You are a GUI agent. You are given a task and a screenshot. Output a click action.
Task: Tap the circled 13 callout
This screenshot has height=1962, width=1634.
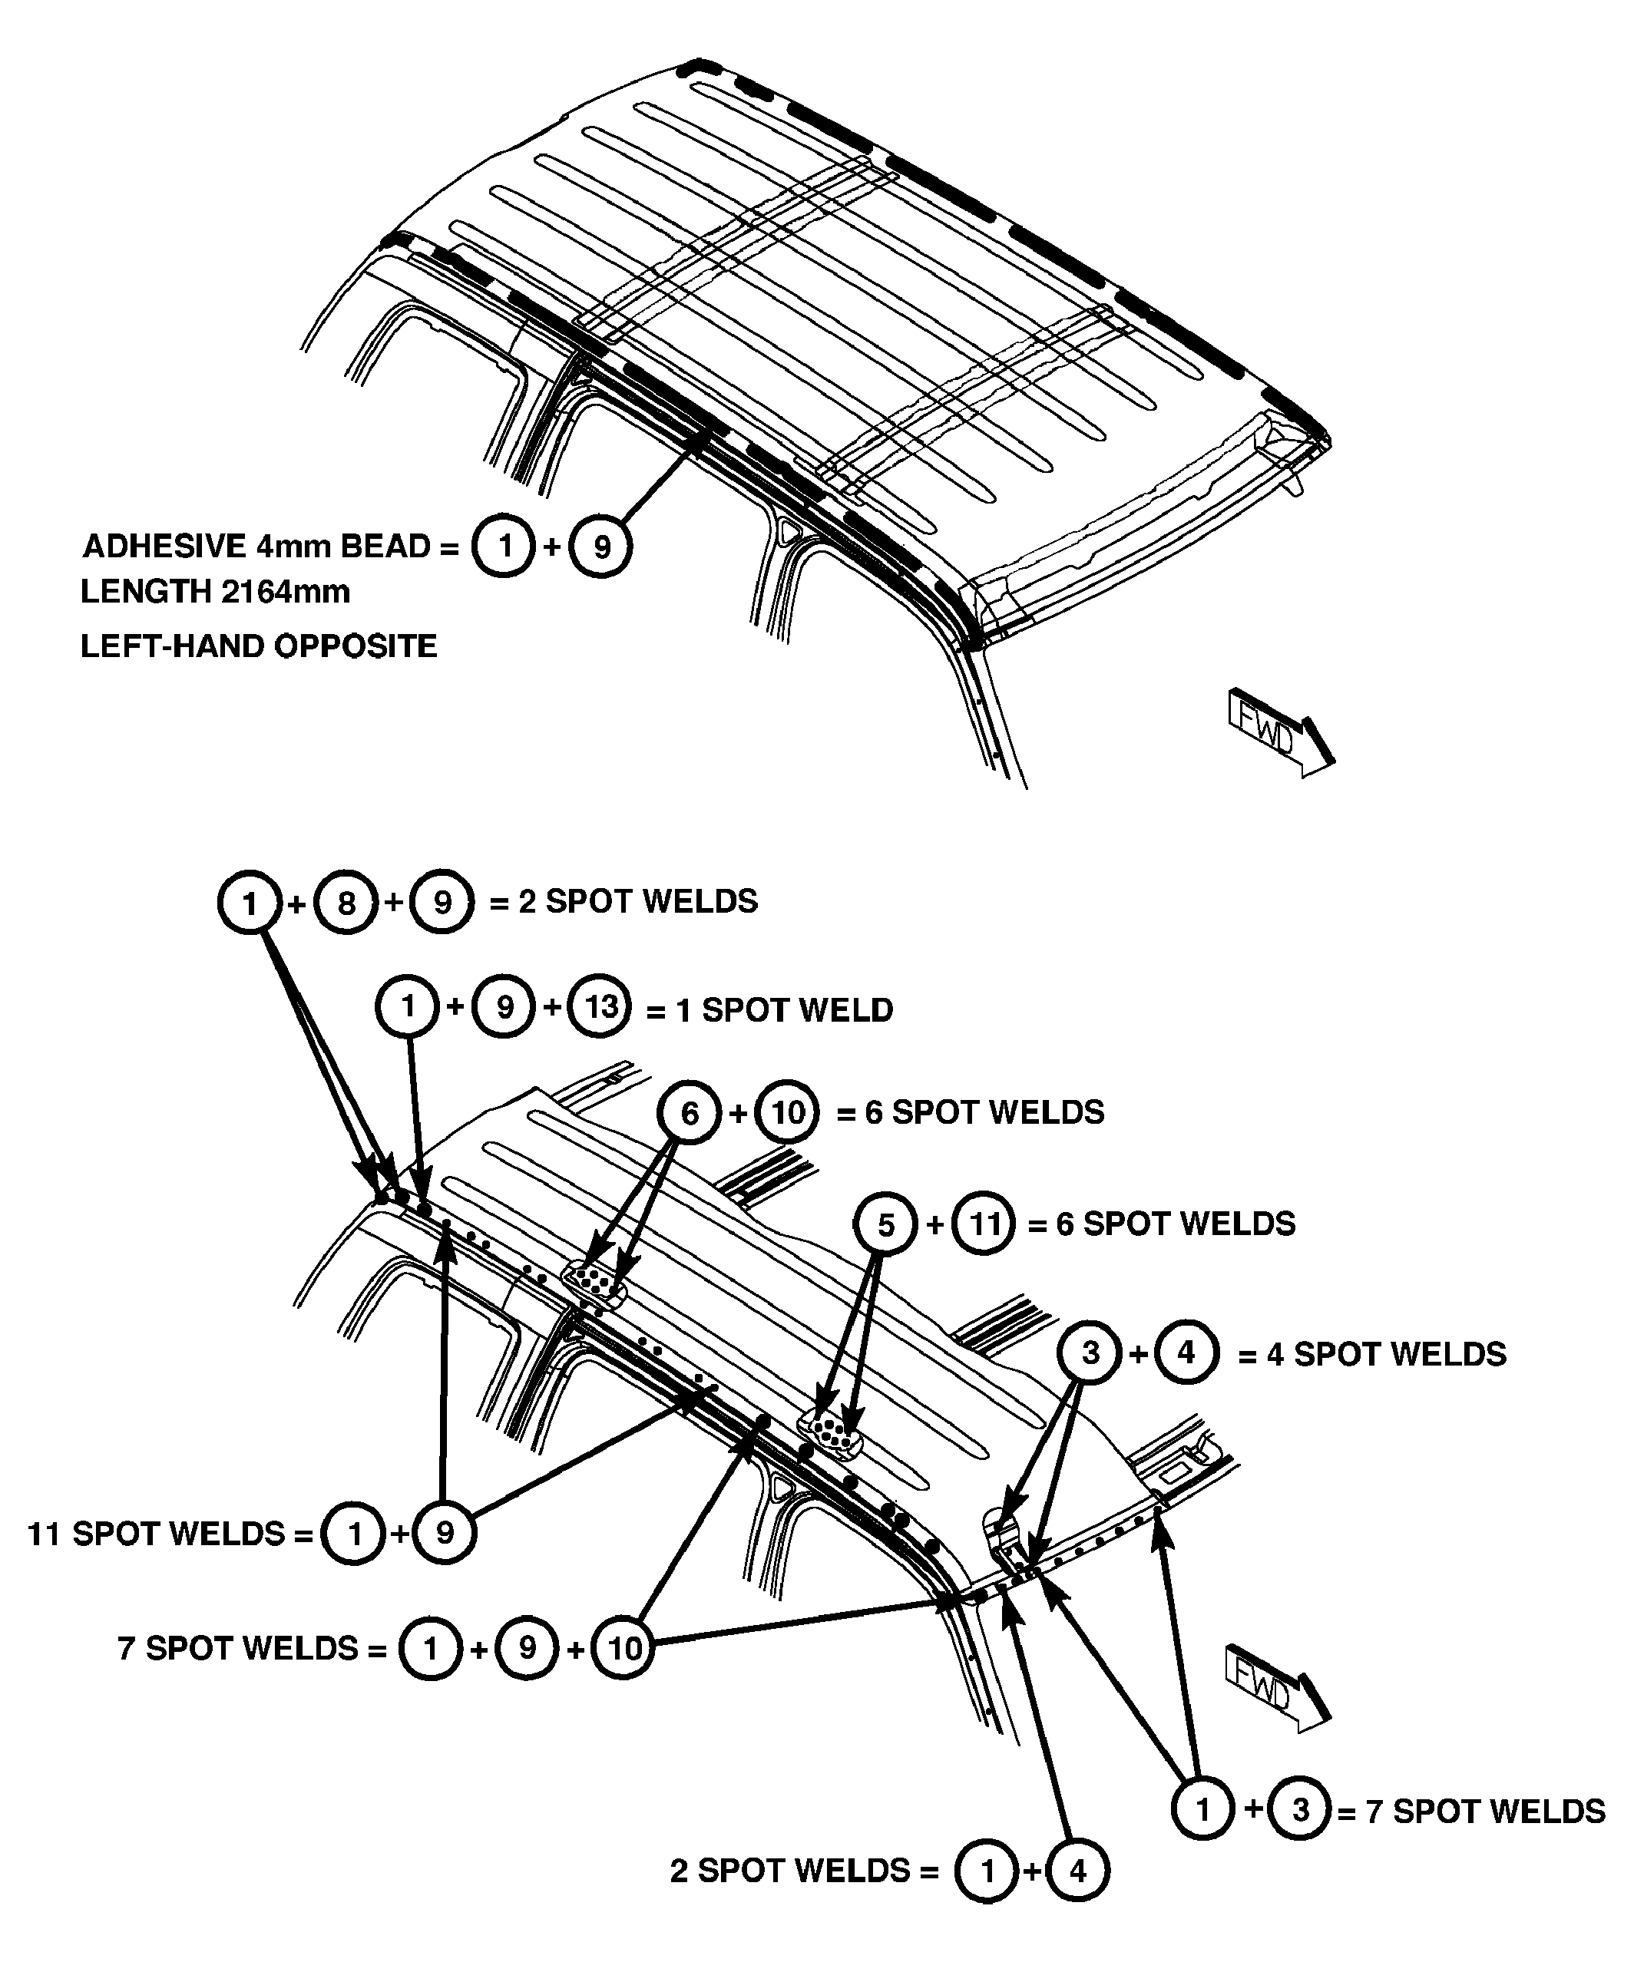pos(601,1006)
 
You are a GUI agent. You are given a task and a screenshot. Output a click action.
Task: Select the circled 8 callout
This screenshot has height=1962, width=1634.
pos(346,903)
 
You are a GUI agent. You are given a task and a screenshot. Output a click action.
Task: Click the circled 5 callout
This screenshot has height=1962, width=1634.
pos(886,1224)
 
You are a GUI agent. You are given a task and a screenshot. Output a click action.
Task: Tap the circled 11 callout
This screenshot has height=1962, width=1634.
pos(984,1224)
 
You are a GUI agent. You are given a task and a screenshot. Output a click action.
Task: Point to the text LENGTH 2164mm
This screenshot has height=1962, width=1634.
pos(215,591)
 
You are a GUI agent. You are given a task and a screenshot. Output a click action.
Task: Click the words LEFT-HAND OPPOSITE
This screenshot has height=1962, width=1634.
pos(259,646)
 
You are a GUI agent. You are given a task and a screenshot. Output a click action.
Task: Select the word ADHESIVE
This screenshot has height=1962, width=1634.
pos(164,546)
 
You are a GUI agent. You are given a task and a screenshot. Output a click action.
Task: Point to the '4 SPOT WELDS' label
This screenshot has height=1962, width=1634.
pos(1386,1354)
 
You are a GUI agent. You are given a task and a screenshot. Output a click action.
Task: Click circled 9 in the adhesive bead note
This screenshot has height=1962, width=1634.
pos(601,547)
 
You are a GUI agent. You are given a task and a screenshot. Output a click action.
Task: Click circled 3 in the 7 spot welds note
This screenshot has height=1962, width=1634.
pos(1300,1810)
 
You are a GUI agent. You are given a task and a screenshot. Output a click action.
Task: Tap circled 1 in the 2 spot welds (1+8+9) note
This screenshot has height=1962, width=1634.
pos(250,903)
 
